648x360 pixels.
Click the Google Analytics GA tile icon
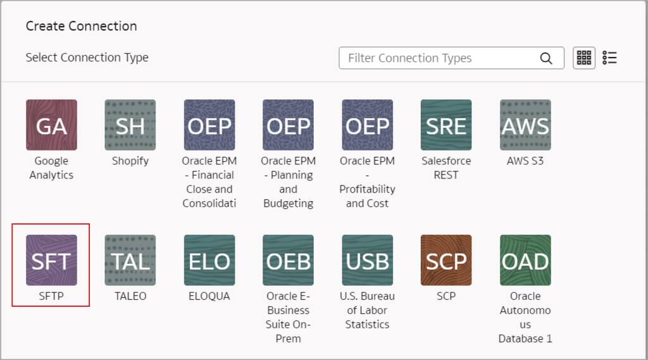click(x=51, y=125)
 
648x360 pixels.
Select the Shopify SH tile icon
click(x=130, y=125)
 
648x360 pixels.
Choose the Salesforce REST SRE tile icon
click(x=446, y=125)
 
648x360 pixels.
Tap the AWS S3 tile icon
click(x=525, y=125)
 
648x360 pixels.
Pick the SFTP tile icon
click(x=51, y=260)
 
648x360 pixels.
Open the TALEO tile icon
click(x=130, y=260)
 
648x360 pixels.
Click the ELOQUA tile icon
click(x=209, y=260)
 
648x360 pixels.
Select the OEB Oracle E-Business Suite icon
click(x=288, y=260)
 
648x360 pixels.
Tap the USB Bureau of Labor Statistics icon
click(x=367, y=260)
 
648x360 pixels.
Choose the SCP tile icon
click(x=446, y=260)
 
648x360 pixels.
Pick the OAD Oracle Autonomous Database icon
click(x=525, y=260)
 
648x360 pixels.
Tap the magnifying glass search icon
click(x=546, y=58)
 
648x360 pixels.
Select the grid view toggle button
click(x=584, y=58)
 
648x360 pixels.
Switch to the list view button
click(x=609, y=58)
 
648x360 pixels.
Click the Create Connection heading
click(x=81, y=26)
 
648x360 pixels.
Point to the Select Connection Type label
click(x=87, y=58)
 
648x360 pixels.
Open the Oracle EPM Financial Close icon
click(x=209, y=125)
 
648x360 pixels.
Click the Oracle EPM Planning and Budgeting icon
click(x=288, y=125)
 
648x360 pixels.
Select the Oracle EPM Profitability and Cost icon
click(x=367, y=125)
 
